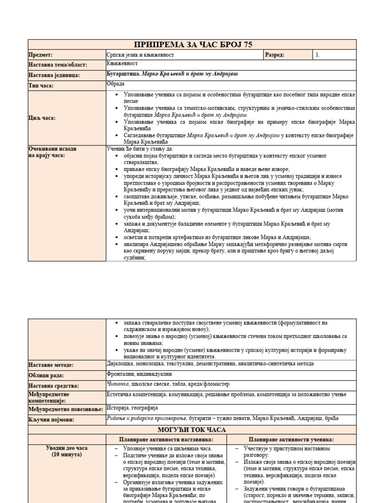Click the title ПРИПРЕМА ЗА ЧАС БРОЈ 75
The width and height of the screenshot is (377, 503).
point(192,45)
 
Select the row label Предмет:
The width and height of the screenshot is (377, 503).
point(41,56)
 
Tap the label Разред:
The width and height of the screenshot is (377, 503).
point(275,55)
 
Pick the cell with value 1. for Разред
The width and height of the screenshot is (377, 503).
point(318,55)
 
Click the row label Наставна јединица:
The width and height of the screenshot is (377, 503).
point(54,75)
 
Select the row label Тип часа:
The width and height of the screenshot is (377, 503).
point(41,85)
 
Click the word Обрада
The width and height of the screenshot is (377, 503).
point(115,84)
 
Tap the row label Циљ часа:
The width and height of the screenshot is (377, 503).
point(42,118)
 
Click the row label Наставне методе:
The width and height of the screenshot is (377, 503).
point(51,365)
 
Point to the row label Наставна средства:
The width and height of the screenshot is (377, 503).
point(54,386)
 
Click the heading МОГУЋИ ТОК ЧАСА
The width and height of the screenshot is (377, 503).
point(192,429)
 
